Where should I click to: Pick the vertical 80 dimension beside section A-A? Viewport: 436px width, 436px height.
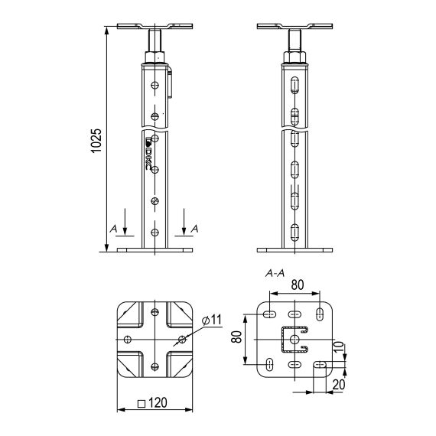[x=238, y=337]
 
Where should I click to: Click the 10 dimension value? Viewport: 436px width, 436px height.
[x=349, y=350]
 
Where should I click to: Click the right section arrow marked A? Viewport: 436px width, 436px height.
[x=184, y=227]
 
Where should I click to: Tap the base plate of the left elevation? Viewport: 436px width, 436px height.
[x=156, y=249]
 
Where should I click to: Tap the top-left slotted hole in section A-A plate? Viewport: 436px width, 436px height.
[x=268, y=314]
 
